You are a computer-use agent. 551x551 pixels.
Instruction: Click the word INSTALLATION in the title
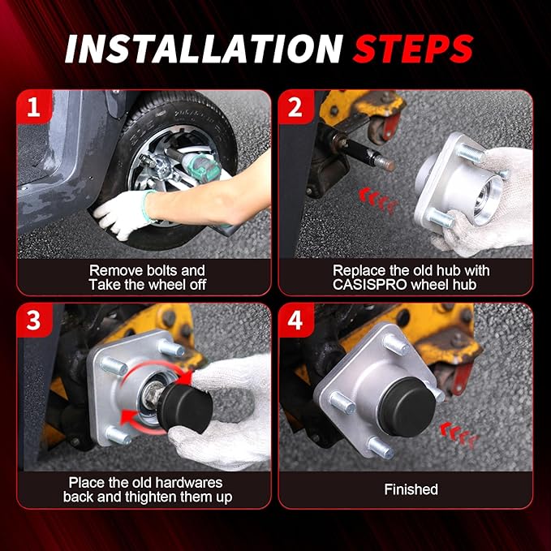(x=204, y=49)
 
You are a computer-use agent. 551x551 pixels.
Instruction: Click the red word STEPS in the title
(x=413, y=49)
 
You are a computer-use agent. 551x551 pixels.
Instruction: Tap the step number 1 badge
(x=34, y=107)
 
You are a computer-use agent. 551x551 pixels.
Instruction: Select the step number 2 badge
(x=296, y=107)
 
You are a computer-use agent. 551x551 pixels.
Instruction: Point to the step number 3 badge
(x=34, y=320)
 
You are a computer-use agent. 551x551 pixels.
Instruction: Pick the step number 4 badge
(x=296, y=320)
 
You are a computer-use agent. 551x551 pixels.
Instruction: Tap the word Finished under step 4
(x=411, y=489)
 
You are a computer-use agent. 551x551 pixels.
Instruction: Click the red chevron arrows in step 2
(x=378, y=200)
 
